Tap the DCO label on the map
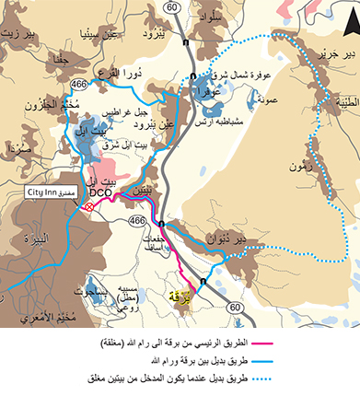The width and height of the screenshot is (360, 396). click(100, 192)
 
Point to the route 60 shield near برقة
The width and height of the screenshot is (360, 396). click(236, 306)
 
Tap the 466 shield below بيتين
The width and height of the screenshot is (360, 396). click(137, 222)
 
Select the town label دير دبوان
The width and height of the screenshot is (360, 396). click(254, 239)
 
